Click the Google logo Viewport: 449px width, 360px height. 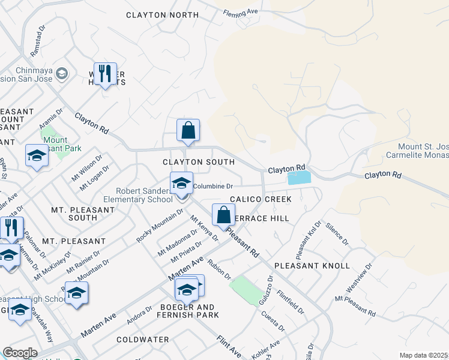20,353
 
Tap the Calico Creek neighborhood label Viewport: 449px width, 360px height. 260,199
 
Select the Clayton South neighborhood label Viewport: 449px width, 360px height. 199,162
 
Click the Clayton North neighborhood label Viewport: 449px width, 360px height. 162,15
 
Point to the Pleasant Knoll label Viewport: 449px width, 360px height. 312,265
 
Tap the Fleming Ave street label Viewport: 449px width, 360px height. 240,12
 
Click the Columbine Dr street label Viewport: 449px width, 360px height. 212,187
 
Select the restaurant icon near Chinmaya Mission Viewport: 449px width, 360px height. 105,74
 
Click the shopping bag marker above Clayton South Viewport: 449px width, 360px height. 188,130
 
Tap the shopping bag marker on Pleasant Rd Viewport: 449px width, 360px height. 223,215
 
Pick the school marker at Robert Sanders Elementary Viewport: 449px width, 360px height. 181,184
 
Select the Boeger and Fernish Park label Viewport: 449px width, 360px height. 188,311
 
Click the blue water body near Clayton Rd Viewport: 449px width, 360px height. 300,178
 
